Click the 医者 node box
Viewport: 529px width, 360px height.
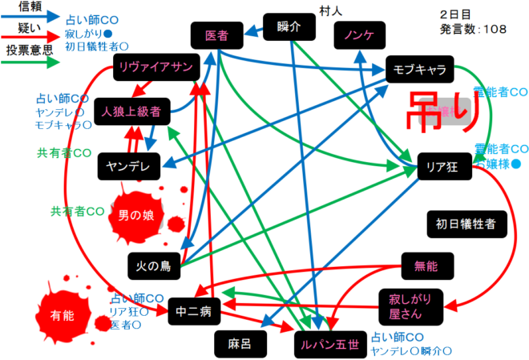click(216, 36)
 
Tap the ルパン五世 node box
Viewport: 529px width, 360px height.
click(330, 344)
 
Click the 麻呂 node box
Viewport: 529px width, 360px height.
click(240, 344)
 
